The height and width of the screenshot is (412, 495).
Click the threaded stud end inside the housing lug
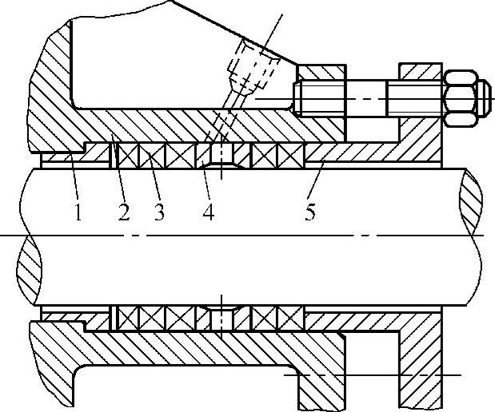click(320, 99)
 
